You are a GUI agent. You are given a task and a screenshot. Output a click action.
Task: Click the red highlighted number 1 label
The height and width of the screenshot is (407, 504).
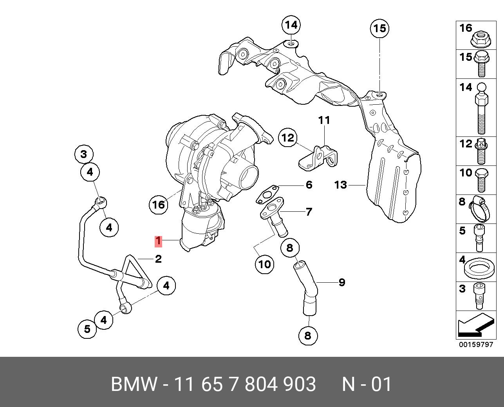pyautogui.click(x=158, y=241)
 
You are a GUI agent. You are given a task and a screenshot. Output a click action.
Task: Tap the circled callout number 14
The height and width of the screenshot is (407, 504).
pyautogui.click(x=291, y=25)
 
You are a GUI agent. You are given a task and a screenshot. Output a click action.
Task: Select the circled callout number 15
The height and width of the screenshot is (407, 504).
pyautogui.click(x=379, y=28)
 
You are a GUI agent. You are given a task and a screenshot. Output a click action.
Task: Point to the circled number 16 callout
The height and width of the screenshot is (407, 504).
pyautogui.click(x=159, y=204)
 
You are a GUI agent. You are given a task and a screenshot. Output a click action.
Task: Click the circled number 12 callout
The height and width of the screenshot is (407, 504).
pyautogui.click(x=288, y=138)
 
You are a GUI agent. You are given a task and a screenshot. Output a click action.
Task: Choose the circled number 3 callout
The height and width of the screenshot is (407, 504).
pyautogui.click(x=84, y=154)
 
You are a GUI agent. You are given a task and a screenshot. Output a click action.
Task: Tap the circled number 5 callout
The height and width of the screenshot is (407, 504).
pyautogui.click(x=87, y=329)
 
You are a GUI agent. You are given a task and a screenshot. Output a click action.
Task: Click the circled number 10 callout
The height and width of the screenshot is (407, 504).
pyautogui.click(x=264, y=264)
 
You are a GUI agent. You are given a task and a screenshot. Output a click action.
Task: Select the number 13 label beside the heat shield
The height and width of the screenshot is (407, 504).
pyautogui.click(x=341, y=184)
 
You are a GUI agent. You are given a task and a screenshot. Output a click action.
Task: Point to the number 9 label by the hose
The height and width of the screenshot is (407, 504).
pyautogui.click(x=342, y=282)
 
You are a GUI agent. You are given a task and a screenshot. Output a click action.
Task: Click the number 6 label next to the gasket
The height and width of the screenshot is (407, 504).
pyautogui.click(x=309, y=185)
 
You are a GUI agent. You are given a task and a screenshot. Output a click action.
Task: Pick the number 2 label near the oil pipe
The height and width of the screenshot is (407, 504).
pyautogui.click(x=158, y=259)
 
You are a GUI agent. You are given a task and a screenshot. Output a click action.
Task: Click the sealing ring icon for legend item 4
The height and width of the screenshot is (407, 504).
pyautogui.click(x=478, y=269)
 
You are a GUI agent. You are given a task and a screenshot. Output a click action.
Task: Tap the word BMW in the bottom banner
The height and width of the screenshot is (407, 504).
pyautogui.click(x=134, y=384)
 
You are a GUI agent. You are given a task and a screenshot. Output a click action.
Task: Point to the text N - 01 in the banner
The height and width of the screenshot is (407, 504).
pyautogui.click(x=367, y=384)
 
